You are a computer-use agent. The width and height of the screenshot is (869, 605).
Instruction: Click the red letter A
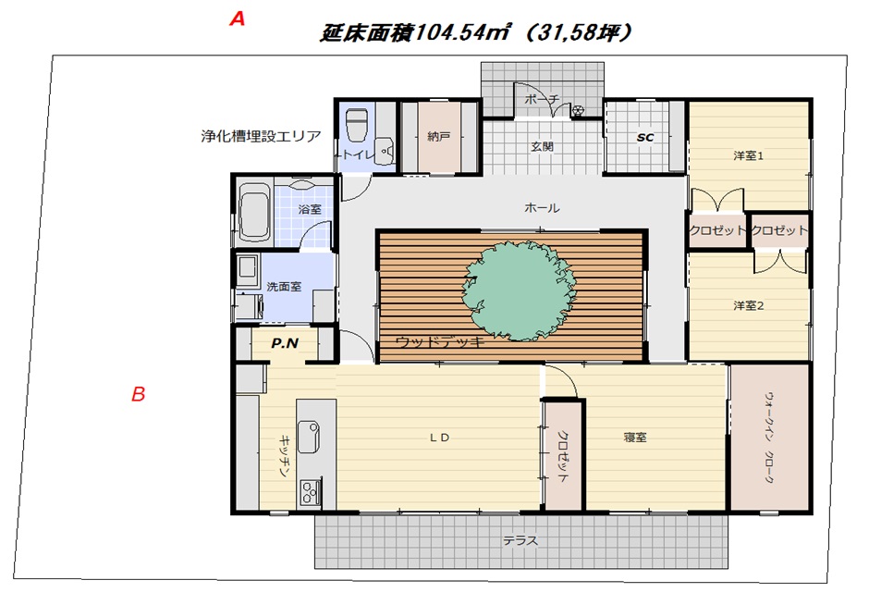coord(238,19)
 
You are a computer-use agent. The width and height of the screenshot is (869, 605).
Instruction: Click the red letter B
coord(138,395)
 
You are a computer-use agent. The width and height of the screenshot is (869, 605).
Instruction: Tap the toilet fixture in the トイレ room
coord(357,125)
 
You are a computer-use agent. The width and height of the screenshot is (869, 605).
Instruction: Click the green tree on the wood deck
coord(511,286)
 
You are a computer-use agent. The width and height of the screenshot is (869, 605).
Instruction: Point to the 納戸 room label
coord(438,137)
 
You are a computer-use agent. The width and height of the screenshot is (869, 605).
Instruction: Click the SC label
coord(644,137)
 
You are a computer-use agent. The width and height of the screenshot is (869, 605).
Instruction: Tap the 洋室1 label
coord(748,155)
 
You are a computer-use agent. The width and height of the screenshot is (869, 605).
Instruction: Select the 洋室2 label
coord(748,304)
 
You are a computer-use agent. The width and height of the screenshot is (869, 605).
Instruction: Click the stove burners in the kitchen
coord(307,494)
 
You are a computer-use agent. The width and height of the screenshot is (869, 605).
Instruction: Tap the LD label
coord(438,438)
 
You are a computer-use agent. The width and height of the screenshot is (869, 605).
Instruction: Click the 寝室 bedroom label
coord(634,438)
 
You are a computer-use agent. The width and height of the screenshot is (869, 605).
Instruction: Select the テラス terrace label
coord(520,540)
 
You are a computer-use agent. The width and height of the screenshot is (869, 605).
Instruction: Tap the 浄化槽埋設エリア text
coord(261,136)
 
